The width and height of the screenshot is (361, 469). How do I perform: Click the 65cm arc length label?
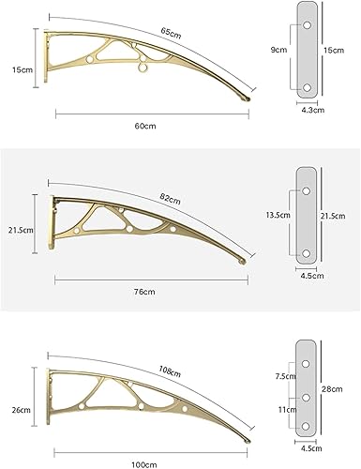tap(172, 33)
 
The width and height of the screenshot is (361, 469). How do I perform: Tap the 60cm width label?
tap(145, 126)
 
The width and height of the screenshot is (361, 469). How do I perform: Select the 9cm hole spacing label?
tap(278, 50)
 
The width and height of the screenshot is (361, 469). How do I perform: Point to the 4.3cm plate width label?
tap(313, 110)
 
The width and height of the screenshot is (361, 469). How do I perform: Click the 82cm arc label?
tap(171, 199)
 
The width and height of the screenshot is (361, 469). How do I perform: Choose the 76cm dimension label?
tap(144, 292)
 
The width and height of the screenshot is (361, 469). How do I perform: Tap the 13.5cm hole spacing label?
tap(278, 215)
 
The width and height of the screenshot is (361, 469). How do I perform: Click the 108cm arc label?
tap(170, 371)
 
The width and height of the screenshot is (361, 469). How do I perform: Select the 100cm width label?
tap(144, 464)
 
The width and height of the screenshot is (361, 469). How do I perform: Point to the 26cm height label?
tap(22, 410)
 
